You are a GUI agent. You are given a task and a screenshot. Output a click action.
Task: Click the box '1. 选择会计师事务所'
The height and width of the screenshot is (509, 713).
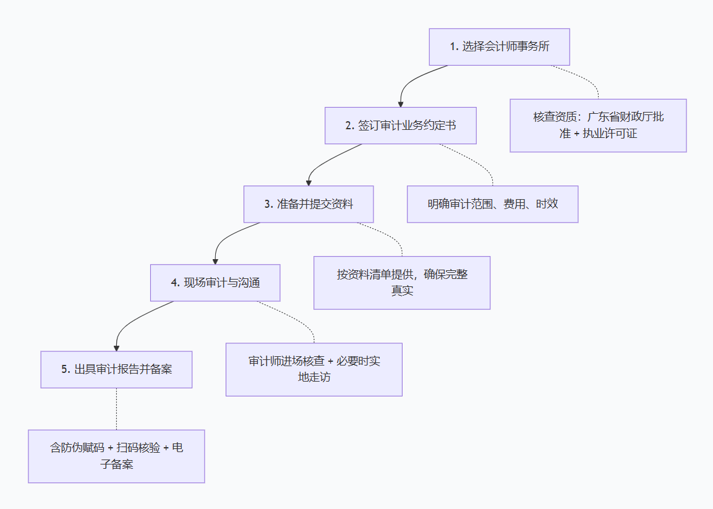499,47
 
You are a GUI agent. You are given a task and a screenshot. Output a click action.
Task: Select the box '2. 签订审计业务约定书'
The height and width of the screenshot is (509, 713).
401,126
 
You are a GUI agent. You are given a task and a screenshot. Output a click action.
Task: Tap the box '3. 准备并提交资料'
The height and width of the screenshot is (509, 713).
309,204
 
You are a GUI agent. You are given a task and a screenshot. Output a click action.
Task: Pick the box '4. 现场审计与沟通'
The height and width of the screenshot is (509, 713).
215,283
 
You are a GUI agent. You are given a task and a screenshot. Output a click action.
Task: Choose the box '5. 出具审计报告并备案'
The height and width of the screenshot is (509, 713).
116,370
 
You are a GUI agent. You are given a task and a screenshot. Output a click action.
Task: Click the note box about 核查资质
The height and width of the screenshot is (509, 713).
598,125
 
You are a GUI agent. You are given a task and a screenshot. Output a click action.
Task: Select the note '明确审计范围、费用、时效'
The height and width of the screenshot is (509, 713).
492,204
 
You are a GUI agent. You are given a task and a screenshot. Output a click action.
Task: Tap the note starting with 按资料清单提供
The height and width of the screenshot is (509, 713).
402,283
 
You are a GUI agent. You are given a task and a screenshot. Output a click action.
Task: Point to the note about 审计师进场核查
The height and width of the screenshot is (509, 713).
314,369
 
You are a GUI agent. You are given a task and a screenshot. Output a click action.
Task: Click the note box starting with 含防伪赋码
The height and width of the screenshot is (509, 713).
116,456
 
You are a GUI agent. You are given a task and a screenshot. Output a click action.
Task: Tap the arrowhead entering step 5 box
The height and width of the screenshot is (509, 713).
116,348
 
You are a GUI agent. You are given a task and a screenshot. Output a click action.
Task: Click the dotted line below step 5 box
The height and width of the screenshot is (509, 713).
116,409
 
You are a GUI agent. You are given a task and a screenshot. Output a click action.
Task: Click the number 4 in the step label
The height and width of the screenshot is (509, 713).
174,283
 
